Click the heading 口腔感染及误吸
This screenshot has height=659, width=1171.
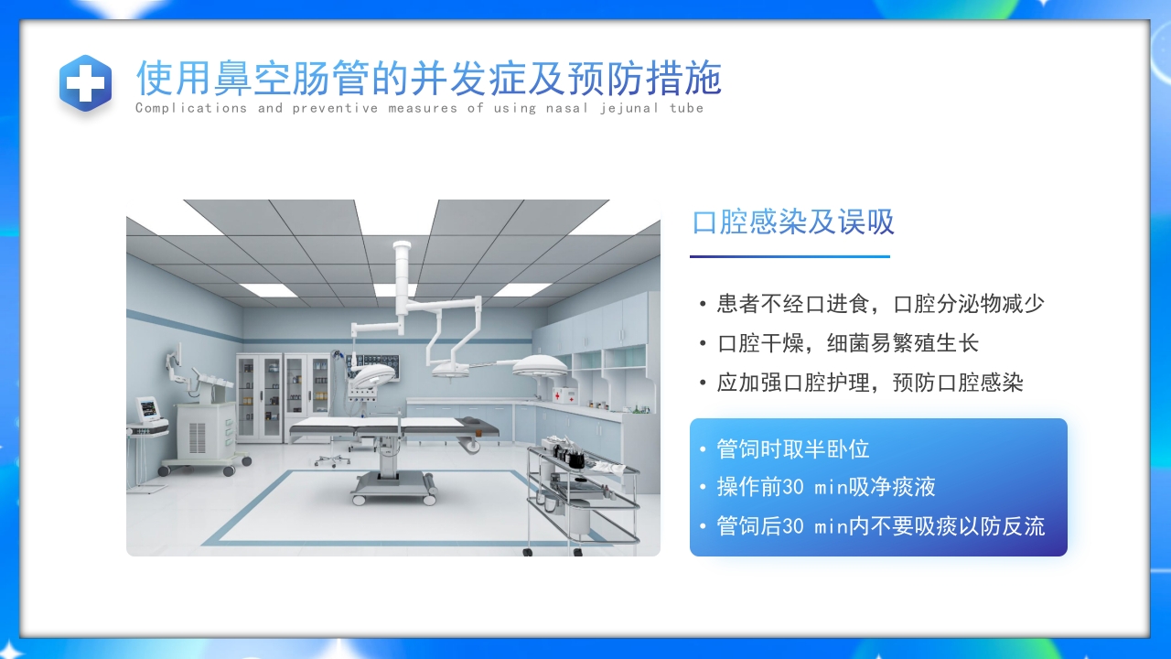pyautogui.click(x=793, y=222)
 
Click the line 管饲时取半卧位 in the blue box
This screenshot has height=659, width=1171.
pyautogui.click(x=792, y=449)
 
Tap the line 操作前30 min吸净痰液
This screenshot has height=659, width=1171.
pyautogui.click(x=825, y=487)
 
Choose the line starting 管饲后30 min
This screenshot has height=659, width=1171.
pyautogui.click(x=880, y=526)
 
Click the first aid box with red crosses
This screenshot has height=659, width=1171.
pyautogui.click(x=564, y=395)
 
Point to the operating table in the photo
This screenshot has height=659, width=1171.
pyautogui.click(x=393, y=430)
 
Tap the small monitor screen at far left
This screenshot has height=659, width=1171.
pyautogui.click(x=148, y=408)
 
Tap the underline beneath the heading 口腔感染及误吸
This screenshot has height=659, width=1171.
pyautogui.click(x=790, y=256)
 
